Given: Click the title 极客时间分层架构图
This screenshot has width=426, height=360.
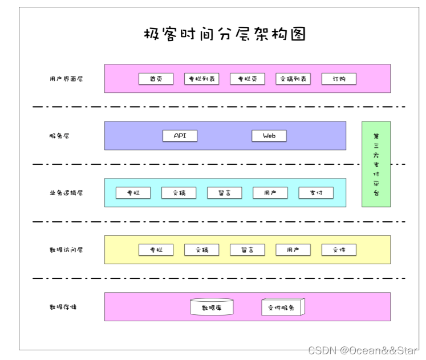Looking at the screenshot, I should click(225, 34).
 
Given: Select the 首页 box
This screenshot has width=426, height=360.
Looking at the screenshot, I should click(156, 79).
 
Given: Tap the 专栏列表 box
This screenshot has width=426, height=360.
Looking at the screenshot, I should click(202, 79).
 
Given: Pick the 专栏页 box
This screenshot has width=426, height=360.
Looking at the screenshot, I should click(248, 79).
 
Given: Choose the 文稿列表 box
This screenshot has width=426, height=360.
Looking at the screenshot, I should click(293, 79).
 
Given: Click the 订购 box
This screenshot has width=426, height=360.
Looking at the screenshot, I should click(339, 79).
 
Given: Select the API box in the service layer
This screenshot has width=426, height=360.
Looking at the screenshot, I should click(180, 136).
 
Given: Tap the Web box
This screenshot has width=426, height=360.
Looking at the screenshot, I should click(269, 136).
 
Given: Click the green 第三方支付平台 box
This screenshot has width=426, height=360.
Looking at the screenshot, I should click(376, 164).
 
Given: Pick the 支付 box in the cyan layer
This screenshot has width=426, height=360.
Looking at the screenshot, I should click(316, 193).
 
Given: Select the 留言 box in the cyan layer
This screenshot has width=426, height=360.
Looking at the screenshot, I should click(224, 193).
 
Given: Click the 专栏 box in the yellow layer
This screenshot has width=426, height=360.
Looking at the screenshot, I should click(156, 250).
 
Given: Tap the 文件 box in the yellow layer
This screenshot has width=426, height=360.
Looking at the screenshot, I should click(339, 250).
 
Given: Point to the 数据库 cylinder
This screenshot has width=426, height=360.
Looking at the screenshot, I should click(212, 308).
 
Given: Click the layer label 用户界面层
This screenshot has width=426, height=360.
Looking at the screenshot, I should click(66, 79).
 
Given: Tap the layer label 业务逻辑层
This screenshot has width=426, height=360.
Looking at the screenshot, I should click(66, 193).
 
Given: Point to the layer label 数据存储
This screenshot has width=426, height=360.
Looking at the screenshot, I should click(63, 307).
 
